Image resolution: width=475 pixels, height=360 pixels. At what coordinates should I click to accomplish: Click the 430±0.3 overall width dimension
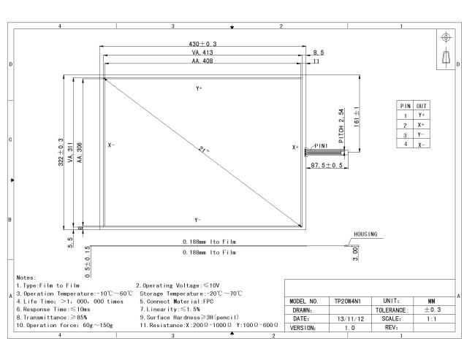(x=202, y=44)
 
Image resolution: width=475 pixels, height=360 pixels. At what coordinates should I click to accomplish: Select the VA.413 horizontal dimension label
(x=202, y=53)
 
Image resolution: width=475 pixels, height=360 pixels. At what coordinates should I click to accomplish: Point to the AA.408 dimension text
(x=202, y=61)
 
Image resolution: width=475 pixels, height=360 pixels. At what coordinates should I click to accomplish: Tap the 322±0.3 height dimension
(x=61, y=152)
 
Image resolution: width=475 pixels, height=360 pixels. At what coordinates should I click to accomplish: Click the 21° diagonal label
(x=204, y=150)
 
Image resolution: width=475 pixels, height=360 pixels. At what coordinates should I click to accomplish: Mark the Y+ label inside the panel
(x=199, y=88)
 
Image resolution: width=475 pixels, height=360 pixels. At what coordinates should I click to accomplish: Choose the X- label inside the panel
(x=111, y=145)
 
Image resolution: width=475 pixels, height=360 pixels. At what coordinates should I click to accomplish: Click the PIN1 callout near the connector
(x=321, y=146)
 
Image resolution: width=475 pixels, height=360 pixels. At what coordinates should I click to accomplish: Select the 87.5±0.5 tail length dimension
(x=327, y=165)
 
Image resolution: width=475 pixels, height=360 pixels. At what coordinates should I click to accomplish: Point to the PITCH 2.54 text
(x=341, y=126)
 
